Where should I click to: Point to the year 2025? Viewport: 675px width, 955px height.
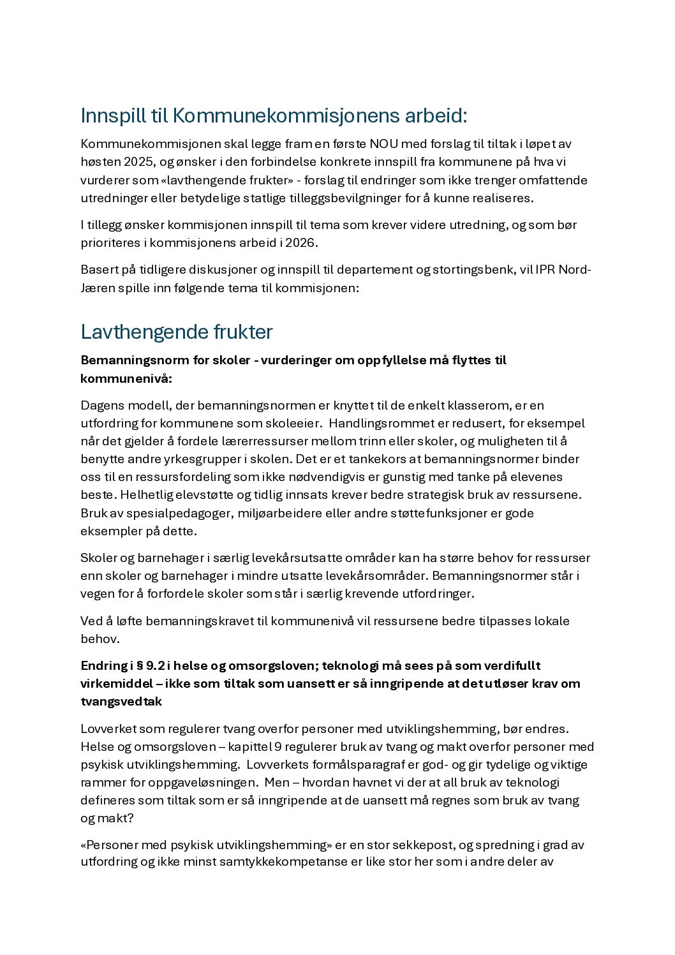coord(138,162)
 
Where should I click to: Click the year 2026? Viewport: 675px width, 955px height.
coord(300,242)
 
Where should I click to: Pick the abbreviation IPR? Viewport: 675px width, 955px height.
coord(545,269)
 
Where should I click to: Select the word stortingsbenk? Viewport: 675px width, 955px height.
coord(473,269)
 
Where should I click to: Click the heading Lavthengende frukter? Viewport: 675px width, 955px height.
coord(177,332)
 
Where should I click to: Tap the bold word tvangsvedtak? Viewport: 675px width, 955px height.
coord(121,702)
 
